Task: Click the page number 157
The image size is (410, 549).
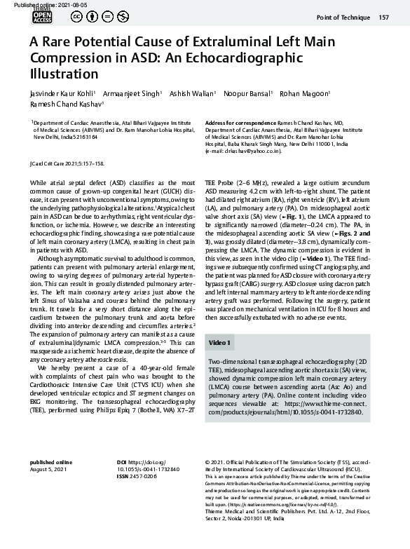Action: click(383, 18)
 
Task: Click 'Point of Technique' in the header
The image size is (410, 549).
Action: click(343, 18)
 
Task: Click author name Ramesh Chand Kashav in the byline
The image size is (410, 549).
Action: click(65, 104)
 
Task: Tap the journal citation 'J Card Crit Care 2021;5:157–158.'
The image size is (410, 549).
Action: click(67, 163)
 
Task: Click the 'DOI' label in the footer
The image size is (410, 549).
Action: click(122, 463)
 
